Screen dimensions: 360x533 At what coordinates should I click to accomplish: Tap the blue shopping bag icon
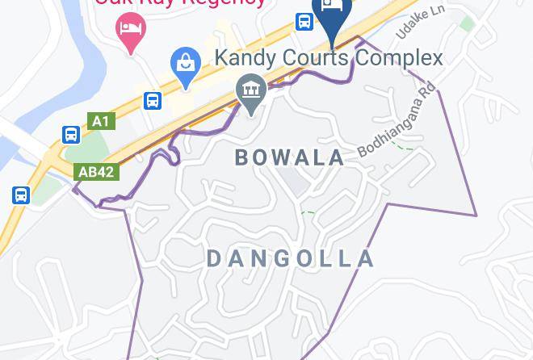pyautogui.click(x=186, y=66)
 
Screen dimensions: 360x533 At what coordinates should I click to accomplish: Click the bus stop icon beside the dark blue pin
pyautogui.click(x=304, y=21)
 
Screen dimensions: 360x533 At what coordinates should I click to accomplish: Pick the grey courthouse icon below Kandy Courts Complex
pyautogui.click(x=251, y=93)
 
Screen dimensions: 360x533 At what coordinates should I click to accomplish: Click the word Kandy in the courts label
pyautogui.click(x=244, y=58)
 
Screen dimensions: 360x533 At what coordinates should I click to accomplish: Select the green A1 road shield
pyautogui.click(x=100, y=121)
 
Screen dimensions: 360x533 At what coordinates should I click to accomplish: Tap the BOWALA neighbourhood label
pyautogui.click(x=290, y=157)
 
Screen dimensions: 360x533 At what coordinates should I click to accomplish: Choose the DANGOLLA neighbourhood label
pyautogui.click(x=291, y=258)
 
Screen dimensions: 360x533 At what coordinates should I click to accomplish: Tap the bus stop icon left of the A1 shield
pyautogui.click(x=71, y=135)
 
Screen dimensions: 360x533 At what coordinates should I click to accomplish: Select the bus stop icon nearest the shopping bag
pyautogui.click(x=153, y=101)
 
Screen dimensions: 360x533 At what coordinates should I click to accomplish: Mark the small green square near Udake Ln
pyautogui.click(x=467, y=23)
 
